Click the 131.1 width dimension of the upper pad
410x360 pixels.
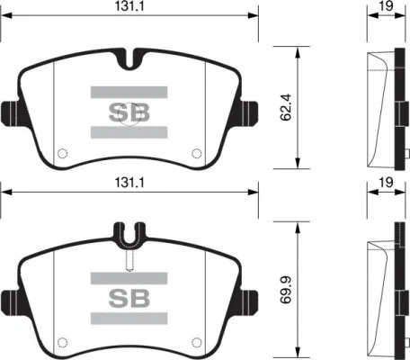click(129, 6)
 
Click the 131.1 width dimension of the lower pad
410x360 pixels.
click(129, 182)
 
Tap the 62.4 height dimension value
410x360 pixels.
click(286, 107)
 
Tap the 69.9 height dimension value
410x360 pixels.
click(286, 290)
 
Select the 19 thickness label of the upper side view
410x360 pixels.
click(386, 6)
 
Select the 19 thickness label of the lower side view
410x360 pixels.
click(386, 182)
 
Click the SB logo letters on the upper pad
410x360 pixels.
click(129, 112)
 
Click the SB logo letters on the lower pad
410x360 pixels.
click(129, 299)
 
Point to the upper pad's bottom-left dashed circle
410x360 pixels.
click(62, 153)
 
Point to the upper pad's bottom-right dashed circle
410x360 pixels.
click(197, 153)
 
